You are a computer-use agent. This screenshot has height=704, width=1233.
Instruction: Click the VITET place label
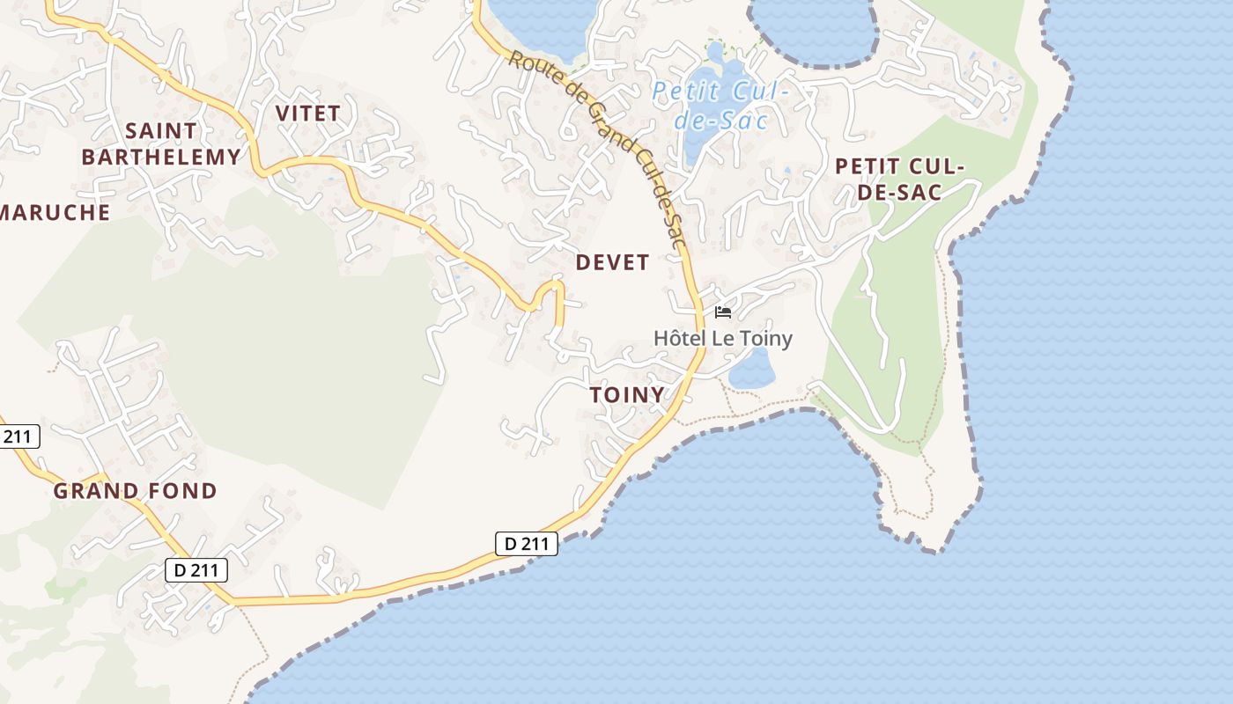[x=307, y=114]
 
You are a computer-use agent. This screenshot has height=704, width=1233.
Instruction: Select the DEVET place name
[x=612, y=262]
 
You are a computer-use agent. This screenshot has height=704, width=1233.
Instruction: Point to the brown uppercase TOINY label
[x=627, y=395]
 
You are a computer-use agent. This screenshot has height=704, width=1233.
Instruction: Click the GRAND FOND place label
[x=135, y=491]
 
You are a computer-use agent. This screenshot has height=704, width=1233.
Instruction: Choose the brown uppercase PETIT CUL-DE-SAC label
[x=900, y=179]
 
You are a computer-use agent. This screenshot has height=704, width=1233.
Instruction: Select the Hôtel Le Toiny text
[x=723, y=339]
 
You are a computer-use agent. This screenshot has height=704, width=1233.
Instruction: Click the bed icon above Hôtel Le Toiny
[x=723, y=312]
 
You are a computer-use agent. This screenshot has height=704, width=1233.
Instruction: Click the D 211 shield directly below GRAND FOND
[x=196, y=570]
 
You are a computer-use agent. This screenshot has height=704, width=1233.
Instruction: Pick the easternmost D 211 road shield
[x=527, y=544]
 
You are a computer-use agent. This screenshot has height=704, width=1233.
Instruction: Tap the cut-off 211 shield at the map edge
[x=17, y=436]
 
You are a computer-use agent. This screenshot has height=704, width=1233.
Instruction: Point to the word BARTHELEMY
[x=160, y=158]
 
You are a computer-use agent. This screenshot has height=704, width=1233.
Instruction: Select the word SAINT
[x=161, y=131]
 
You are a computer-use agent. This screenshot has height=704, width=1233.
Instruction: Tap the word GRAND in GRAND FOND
[x=95, y=491]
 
